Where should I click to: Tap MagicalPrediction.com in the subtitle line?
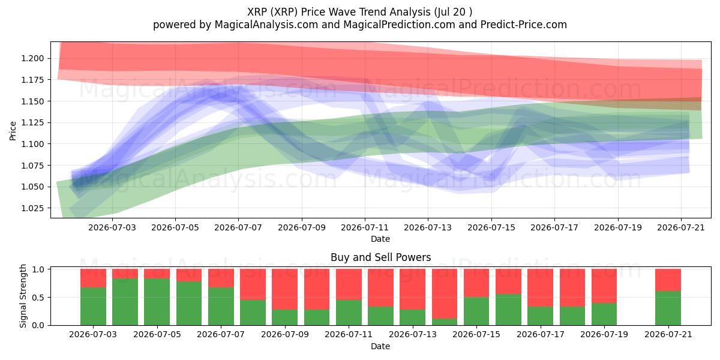(399, 25)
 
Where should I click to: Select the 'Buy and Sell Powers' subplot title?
(380, 257)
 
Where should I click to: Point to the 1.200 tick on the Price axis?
(32, 59)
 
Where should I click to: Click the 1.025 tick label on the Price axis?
(32, 208)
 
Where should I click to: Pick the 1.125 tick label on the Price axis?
(32, 123)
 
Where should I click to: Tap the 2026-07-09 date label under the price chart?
(301, 227)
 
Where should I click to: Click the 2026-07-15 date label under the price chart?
(491, 227)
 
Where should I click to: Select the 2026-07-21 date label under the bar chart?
(668, 334)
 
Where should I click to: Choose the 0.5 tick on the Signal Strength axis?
(38, 298)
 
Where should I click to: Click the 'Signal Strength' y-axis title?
(23, 296)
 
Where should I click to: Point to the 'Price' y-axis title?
(13, 131)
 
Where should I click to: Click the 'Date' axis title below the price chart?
(380, 239)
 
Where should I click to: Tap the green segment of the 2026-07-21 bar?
(668, 308)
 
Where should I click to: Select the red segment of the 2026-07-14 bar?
(445, 294)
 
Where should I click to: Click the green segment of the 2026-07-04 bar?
(125, 302)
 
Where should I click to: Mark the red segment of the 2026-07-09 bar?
(285, 289)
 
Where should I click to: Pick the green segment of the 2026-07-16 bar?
(508, 310)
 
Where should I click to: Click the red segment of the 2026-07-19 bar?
(604, 286)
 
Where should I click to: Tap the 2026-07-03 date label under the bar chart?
(93, 334)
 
